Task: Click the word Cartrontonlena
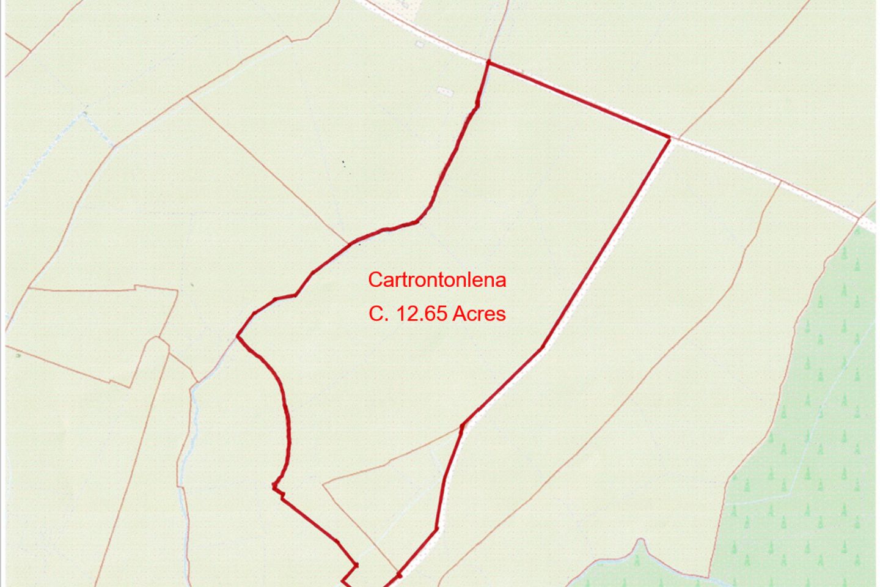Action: [437, 280]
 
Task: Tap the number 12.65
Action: [423, 314]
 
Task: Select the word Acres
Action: [479, 314]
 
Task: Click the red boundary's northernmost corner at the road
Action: [488, 62]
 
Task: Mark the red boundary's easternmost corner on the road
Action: [670, 139]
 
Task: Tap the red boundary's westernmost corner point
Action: [238, 336]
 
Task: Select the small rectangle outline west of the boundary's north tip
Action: [445, 91]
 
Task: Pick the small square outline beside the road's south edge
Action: [420, 44]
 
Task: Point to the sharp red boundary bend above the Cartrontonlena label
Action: [417, 221]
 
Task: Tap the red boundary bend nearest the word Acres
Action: [542, 348]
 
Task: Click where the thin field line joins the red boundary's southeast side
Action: [462, 426]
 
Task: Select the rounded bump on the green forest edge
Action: [640, 543]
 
